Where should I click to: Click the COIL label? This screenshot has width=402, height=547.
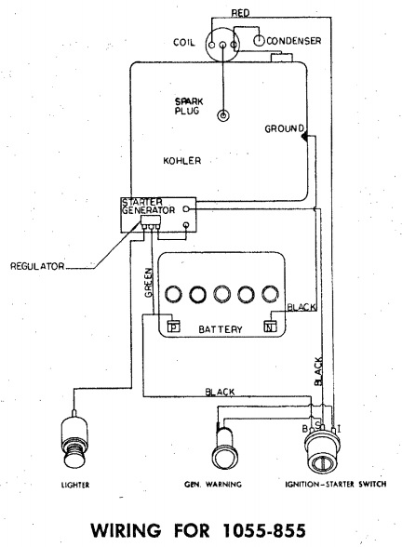[x=184, y=43]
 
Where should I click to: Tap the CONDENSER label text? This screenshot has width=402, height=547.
[x=293, y=41]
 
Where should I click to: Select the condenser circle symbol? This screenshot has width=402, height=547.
[x=259, y=41]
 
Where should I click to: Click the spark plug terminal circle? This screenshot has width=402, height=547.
[x=223, y=115]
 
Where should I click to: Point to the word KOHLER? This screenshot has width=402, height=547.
[x=182, y=161]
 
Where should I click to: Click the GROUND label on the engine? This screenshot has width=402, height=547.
[x=284, y=128]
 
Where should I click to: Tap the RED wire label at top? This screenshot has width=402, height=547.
[x=240, y=13]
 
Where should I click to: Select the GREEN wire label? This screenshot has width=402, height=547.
[x=149, y=283]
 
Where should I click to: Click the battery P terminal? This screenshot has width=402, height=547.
[x=173, y=327]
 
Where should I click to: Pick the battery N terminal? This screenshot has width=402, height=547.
[x=270, y=327]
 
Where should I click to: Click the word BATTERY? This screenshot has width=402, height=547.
[x=221, y=329]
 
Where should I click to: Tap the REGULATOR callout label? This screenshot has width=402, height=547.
[x=37, y=266]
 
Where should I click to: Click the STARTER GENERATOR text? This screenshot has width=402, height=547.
[x=148, y=207]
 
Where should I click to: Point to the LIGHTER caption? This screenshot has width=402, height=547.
[x=75, y=485]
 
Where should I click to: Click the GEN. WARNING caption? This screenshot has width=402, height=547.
[x=213, y=484]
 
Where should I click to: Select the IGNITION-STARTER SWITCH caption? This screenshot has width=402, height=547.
[x=336, y=484]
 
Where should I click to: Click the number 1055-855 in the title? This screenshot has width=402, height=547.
[x=264, y=530]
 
